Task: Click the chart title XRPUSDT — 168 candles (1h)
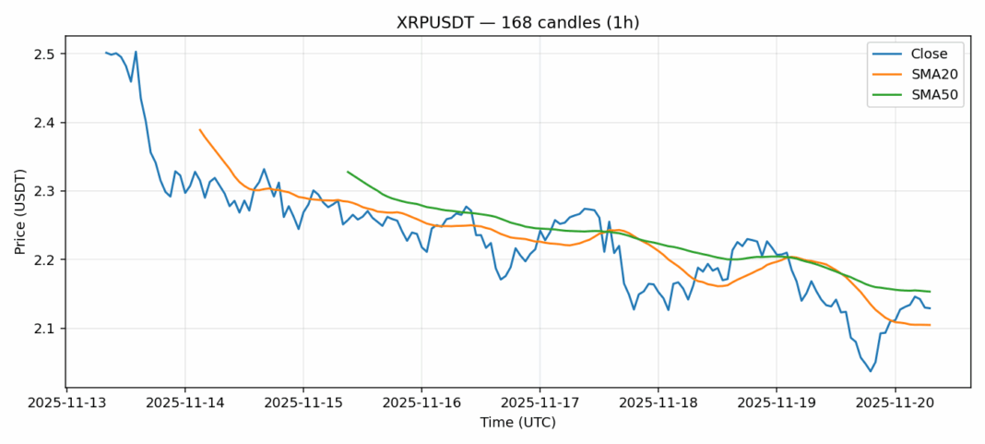492,22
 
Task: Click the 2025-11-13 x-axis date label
66,403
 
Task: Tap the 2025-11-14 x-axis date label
184,403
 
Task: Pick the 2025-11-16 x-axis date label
421,403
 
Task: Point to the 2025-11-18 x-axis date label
658,403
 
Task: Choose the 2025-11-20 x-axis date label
895,403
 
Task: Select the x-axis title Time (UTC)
517,422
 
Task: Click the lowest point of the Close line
870,371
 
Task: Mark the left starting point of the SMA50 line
348,172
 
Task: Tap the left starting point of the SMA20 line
199,129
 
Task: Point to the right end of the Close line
930,308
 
